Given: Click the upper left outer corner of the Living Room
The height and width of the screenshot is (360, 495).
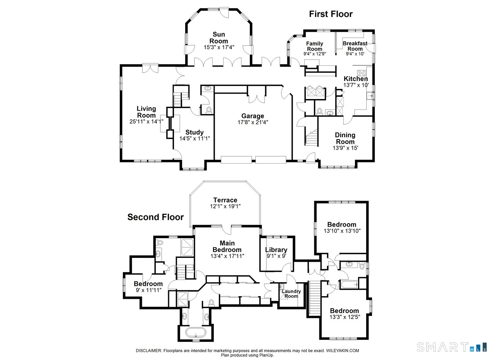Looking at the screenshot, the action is (120, 65).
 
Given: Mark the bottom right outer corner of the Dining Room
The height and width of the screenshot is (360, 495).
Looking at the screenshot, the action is (375, 162).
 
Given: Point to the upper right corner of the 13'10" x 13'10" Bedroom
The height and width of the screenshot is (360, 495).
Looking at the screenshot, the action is (368, 201).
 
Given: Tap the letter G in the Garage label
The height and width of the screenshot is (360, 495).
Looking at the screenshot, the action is (244, 116).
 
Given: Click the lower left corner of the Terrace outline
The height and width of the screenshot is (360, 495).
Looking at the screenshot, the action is (190, 227).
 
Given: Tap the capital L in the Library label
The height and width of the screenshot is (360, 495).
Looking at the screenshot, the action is (267, 250).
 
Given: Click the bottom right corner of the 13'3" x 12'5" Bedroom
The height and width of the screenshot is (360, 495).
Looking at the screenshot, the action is (369, 339).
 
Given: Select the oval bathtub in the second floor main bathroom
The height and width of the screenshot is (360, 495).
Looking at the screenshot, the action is (196, 332).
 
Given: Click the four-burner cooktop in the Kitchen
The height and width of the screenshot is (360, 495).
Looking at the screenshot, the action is (362, 73).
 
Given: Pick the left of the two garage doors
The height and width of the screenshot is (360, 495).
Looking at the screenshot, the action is (236, 160).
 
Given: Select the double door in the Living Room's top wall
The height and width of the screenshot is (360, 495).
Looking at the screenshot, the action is (150, 68).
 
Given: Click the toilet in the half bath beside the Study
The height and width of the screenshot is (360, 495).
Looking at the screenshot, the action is (208, 110).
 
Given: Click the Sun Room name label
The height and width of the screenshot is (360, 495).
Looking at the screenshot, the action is (219, 38).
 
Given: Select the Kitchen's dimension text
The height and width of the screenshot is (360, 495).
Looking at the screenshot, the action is (356, 85).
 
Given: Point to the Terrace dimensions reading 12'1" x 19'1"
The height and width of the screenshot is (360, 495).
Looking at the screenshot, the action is (225, 206).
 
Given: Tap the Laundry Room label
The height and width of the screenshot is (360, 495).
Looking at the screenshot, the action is (291, 294).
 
